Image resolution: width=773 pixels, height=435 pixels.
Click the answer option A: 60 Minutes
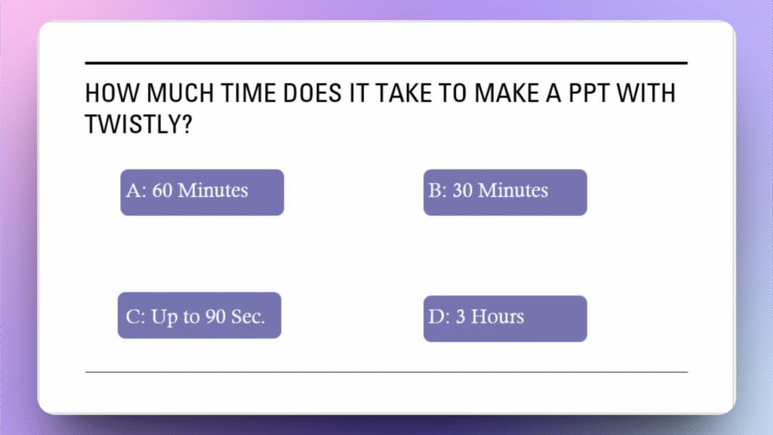click(x=202, y=193)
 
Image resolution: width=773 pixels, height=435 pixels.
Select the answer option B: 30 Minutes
click(x=505, y=193)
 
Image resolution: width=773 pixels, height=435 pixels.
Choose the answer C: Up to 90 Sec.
click(x=199, y=315)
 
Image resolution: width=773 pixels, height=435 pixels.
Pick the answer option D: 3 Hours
click(x=505, y=319)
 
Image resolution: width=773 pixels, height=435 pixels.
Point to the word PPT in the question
click(x=589, y=93)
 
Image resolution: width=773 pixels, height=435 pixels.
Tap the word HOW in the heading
click(x=112, y=93)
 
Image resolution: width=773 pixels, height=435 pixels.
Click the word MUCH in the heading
click(x=180, y=93)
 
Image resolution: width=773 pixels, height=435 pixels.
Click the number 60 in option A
click(x=162, y=190)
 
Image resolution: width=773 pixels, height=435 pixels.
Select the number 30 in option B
click(x=463, y=190)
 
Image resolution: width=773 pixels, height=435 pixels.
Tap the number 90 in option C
click(x=215, y=316)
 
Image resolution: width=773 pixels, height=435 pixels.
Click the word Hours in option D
click(x=497, y=316)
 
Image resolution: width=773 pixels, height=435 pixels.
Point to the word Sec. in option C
click(x=248, y=316)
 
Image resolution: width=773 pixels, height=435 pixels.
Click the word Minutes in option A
click(x=213, y=190)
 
